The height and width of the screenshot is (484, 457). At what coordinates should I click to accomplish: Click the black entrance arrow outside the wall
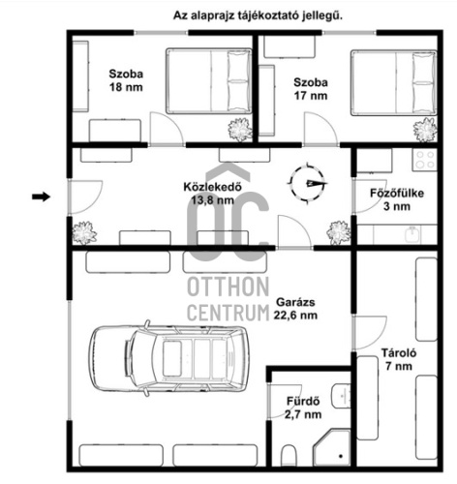[42, 197]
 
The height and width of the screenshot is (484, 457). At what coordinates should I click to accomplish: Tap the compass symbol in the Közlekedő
[308, 183]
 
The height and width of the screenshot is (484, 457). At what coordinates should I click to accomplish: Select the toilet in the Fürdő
[289, 455]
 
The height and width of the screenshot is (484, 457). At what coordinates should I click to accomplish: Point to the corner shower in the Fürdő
[331, 448]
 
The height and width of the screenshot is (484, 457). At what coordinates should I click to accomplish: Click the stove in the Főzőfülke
[424, 160]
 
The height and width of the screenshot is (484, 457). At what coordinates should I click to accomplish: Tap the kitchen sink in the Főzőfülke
[412, 234]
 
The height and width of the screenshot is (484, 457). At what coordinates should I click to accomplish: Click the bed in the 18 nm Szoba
[209, 80]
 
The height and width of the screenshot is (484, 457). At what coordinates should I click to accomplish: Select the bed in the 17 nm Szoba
[394, 82]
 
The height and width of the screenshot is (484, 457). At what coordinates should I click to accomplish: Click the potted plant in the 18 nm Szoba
[240, 130]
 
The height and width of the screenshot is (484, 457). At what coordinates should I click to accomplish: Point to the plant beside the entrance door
[84, 232]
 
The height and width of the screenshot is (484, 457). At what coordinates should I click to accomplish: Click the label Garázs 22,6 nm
[295, 309]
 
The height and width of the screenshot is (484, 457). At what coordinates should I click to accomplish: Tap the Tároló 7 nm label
[399, 359]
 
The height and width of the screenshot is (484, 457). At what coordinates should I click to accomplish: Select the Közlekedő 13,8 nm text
[212, 194]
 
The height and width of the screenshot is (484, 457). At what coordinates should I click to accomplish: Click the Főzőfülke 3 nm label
[397, 199]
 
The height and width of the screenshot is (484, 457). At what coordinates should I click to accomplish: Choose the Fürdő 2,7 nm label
[303, 408]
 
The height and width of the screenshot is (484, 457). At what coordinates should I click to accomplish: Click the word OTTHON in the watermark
[228, 287]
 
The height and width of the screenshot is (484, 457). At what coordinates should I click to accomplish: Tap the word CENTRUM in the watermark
[228, 312]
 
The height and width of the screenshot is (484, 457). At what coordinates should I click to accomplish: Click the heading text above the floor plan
[258, 15]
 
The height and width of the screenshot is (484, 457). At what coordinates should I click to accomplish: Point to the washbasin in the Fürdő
[342, 396]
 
